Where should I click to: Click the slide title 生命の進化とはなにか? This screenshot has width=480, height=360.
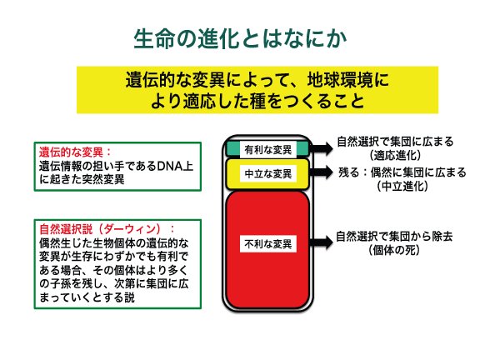pyautogui.click(x=240, y=39)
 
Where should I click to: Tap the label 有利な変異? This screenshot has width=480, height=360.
pyautogui.click(x=268, y=150)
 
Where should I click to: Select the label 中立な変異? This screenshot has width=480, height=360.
pyautogui.click(x=268, y=174)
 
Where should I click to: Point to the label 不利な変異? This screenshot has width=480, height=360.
pyautogui.click(x=268, y=244)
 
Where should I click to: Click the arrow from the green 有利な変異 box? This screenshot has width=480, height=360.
pyautogui.click(x=321, y=148)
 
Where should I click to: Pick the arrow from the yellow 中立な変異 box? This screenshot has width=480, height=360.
pyautogui.click(x=321, y=172)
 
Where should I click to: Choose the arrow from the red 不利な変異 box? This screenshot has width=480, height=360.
pyautogui.click(x=321, y=242)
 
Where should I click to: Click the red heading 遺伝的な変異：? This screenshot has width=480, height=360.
pyautogui.click(x=75, y=152)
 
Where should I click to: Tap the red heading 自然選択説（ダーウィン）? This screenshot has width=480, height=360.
pyautogui.click(x=100, y=229)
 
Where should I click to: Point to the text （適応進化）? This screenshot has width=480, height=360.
pyautogui.click(x=395, y=155)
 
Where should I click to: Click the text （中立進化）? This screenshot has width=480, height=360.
pyautogui.click(x=402, y=186)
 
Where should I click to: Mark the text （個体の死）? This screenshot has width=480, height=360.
pyautogui.click(x=394, y=250)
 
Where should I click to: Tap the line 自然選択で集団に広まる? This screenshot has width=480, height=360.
pyautogui.click(x=395, y=142)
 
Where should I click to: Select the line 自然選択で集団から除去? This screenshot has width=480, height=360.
pyautogui.click(x=394, y=237)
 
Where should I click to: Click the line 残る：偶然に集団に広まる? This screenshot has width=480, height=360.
pyautogui.click(x=402, y=172)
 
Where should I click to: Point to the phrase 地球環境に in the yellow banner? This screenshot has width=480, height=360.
pyautogui.click(x=348, y=80)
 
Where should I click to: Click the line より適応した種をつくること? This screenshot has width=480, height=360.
pyautogui.click(x=257, y=101)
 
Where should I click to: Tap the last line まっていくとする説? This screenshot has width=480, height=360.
pyautogui.click(x=87, y=297)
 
